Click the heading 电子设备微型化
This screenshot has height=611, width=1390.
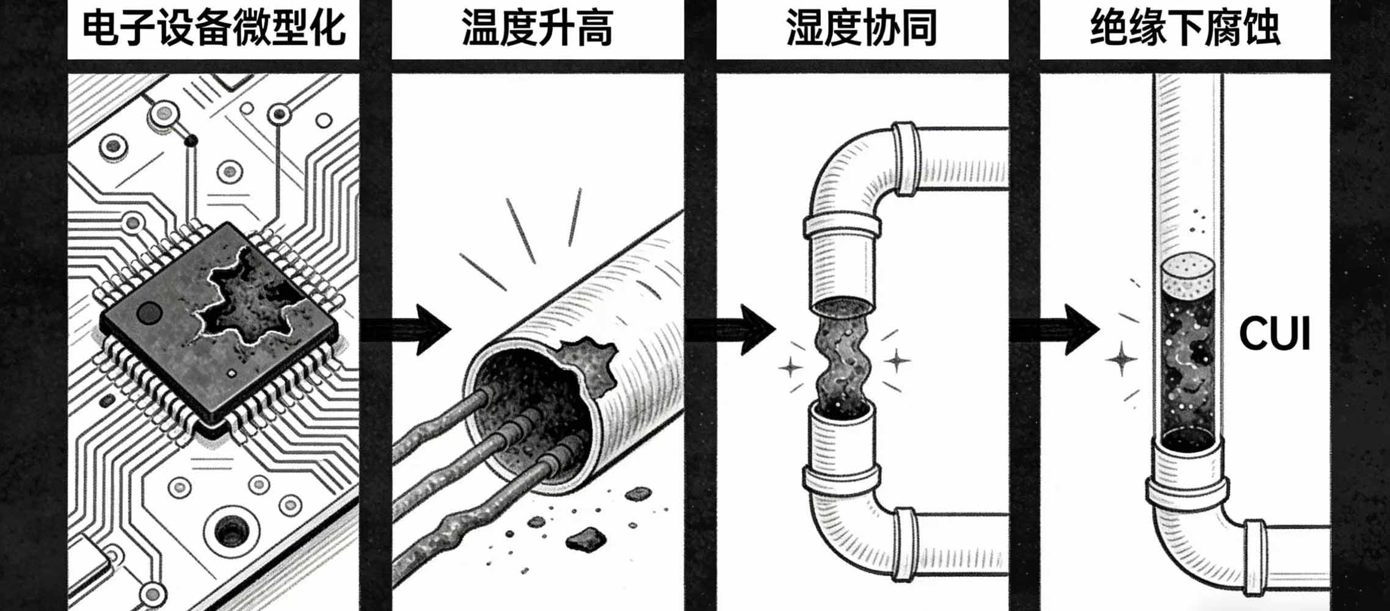213,29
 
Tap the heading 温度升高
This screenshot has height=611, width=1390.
537,29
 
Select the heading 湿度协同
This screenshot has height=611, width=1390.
862,29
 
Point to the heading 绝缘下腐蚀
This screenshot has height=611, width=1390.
1185,29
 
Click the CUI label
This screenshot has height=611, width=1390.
1275,334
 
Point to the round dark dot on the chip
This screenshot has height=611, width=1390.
148,313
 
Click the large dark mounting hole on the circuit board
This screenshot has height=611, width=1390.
230,530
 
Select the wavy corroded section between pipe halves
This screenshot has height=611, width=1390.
843,360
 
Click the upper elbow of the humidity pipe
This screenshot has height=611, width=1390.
846,168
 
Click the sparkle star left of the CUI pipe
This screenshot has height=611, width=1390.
1121,358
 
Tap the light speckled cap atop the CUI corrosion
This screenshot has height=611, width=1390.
1187,272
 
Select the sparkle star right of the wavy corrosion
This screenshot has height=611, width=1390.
897,360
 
